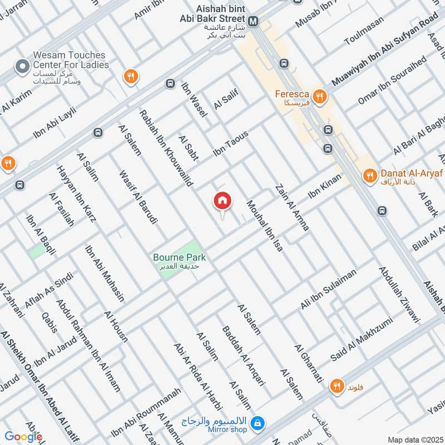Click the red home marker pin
[222, 201]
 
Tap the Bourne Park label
[180, 258]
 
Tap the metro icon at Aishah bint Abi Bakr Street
[254, 22]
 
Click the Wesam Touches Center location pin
[22, 67]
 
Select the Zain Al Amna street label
[291, 207]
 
